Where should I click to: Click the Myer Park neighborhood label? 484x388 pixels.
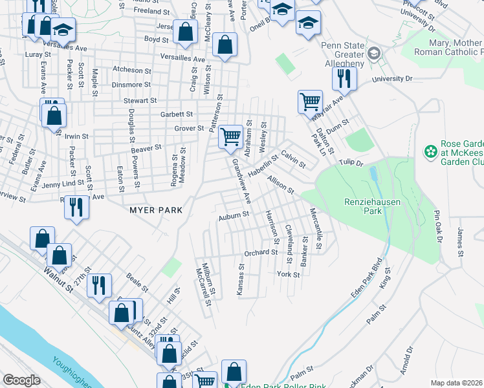pos(156,210)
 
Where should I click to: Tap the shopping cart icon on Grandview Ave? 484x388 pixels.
pos(230,136)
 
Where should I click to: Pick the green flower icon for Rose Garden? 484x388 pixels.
pos(430,152)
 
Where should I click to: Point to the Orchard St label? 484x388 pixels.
pos(260,253)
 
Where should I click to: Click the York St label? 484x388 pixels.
pos(289,274)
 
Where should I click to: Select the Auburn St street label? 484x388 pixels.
pos(234,215)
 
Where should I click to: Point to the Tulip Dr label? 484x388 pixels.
pos(353,164)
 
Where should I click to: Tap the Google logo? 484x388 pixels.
pos(21,380)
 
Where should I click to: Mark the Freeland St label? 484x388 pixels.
pos(152,12)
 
